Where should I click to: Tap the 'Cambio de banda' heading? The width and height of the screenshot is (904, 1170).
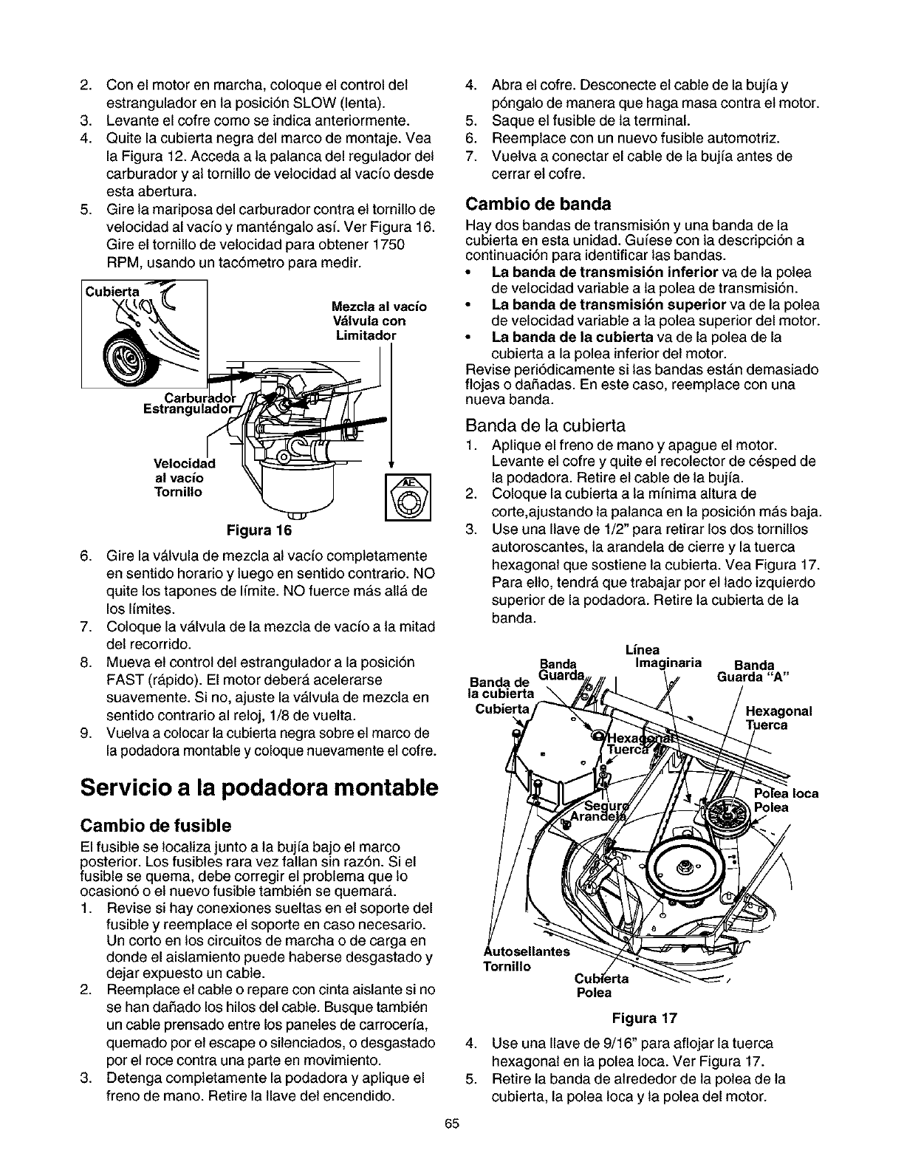click(x=538, y=203)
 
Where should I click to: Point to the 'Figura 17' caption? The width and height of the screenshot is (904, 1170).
click(x=644, y=1019)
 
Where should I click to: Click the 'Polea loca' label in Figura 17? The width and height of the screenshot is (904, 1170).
click(x=785, y=794)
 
